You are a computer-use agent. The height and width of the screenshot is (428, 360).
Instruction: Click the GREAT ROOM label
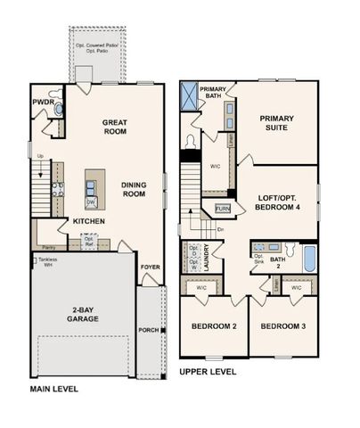tap(115, 126)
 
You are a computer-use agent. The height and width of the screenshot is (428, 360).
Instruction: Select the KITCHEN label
tap(89, 221)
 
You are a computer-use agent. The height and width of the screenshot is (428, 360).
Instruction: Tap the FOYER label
tap(150, 265)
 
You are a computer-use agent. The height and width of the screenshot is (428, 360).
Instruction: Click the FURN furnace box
tap(223, 209)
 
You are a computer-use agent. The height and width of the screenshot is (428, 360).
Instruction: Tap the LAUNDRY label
tap(207, 257)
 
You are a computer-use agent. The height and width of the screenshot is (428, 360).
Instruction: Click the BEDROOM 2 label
tap(214, 326)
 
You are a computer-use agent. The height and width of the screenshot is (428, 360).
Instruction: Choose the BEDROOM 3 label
tap(282, 326)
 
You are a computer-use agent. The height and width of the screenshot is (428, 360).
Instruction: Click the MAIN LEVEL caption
tap(54, 390)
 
